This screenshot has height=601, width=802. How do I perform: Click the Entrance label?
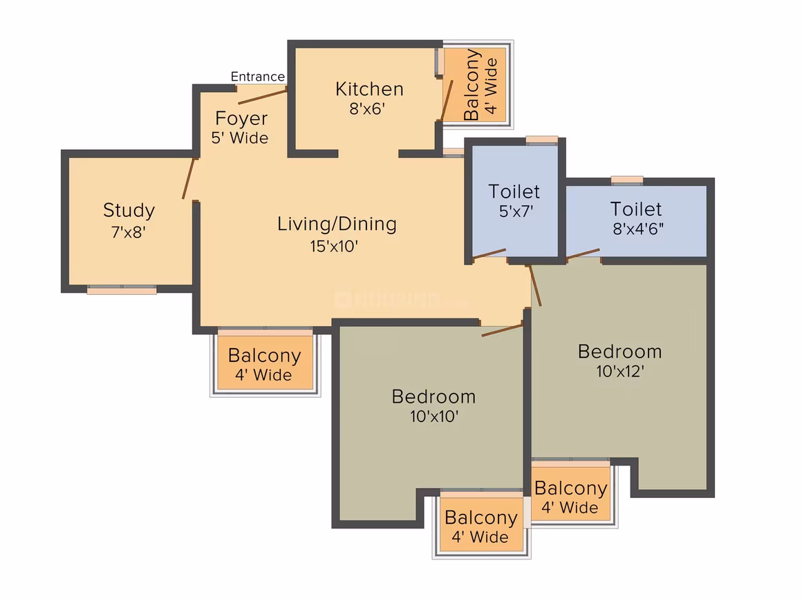pos(257,77)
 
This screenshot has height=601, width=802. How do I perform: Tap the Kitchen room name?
pos(369,89)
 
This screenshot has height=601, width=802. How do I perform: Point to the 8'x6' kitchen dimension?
pos(367,109)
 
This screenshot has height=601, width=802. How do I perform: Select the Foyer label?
pos(241,119)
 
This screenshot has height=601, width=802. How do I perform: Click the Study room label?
pos(129,210)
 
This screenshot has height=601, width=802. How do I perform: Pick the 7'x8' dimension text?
pos(129,232)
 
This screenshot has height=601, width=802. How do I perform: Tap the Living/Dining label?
pos(337,224)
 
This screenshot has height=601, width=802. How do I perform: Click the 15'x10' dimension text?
pos(334,247)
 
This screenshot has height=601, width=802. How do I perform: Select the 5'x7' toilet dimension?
pos(516,211)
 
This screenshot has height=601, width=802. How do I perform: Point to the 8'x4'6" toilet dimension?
pos(638,229)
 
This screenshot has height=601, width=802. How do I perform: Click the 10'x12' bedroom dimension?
pos(620,371)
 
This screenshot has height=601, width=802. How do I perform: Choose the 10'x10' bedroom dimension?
pos(433,416)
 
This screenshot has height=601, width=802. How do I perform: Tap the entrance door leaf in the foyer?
pos(262,97)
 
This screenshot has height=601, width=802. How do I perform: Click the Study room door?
pos(189,178)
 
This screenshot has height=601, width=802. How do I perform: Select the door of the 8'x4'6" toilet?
pos(583,254)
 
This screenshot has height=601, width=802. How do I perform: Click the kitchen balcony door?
pos(447,100)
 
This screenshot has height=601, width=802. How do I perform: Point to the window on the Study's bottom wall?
pos(122,289)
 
